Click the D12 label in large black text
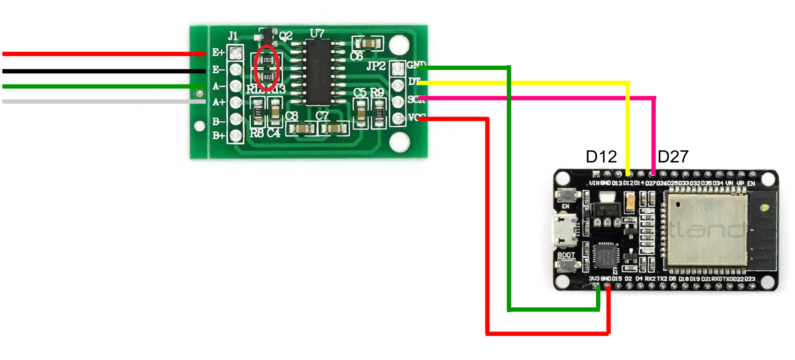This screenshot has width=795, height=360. pos(601,157)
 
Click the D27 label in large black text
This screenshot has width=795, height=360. pos(673,157)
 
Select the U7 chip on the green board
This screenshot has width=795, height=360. pos(318,72)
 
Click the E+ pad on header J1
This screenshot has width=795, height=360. pos(235,53)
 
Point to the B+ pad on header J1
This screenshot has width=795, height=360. pos(236,136)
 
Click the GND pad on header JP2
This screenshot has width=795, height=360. pos(397,68)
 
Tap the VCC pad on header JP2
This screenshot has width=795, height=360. pos(397,118)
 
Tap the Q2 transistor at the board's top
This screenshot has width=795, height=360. pos(267,36)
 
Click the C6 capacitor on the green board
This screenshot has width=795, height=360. pos(368,44)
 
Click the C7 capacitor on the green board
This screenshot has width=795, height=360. pos(334,129)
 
